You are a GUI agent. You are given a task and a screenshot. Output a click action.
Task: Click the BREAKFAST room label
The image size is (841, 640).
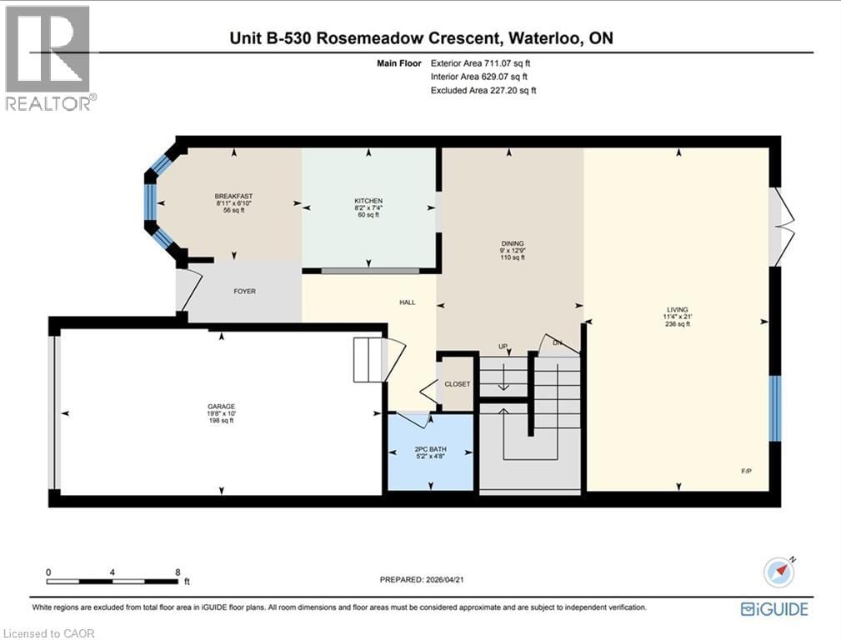pos(233,197)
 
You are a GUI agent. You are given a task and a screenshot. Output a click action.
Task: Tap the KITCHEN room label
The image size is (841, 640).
pos(368,201)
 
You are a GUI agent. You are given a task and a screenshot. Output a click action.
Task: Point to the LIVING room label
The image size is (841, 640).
pos(678,310)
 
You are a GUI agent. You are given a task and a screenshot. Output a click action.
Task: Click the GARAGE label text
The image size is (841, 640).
pos(221,407)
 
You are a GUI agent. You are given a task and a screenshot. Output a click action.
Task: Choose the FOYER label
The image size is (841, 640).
pos(244,291)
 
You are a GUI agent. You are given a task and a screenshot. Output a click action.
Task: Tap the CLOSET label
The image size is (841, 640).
pos(458,384)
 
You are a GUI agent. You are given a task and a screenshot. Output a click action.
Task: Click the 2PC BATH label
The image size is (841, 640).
pos(431,449)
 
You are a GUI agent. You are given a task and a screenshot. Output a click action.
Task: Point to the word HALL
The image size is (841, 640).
pos(407,302)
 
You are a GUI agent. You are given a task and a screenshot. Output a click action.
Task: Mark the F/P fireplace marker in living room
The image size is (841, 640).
pos(747,472)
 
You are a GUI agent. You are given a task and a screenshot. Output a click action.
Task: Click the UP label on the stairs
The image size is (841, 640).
pos(503,346)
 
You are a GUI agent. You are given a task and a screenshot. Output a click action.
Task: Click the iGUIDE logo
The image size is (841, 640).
pos(774,609)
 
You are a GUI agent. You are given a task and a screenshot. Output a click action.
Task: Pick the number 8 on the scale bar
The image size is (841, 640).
pos(178,572)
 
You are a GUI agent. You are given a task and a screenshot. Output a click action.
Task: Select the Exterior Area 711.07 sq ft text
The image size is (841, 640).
pos(482,62)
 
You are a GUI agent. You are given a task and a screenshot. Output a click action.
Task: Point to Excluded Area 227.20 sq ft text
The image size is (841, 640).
pos(483,90)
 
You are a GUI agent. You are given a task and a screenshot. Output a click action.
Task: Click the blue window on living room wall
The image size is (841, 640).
pos(775,408)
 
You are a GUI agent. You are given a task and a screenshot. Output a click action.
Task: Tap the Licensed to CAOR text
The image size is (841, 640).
pos(49,633)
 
